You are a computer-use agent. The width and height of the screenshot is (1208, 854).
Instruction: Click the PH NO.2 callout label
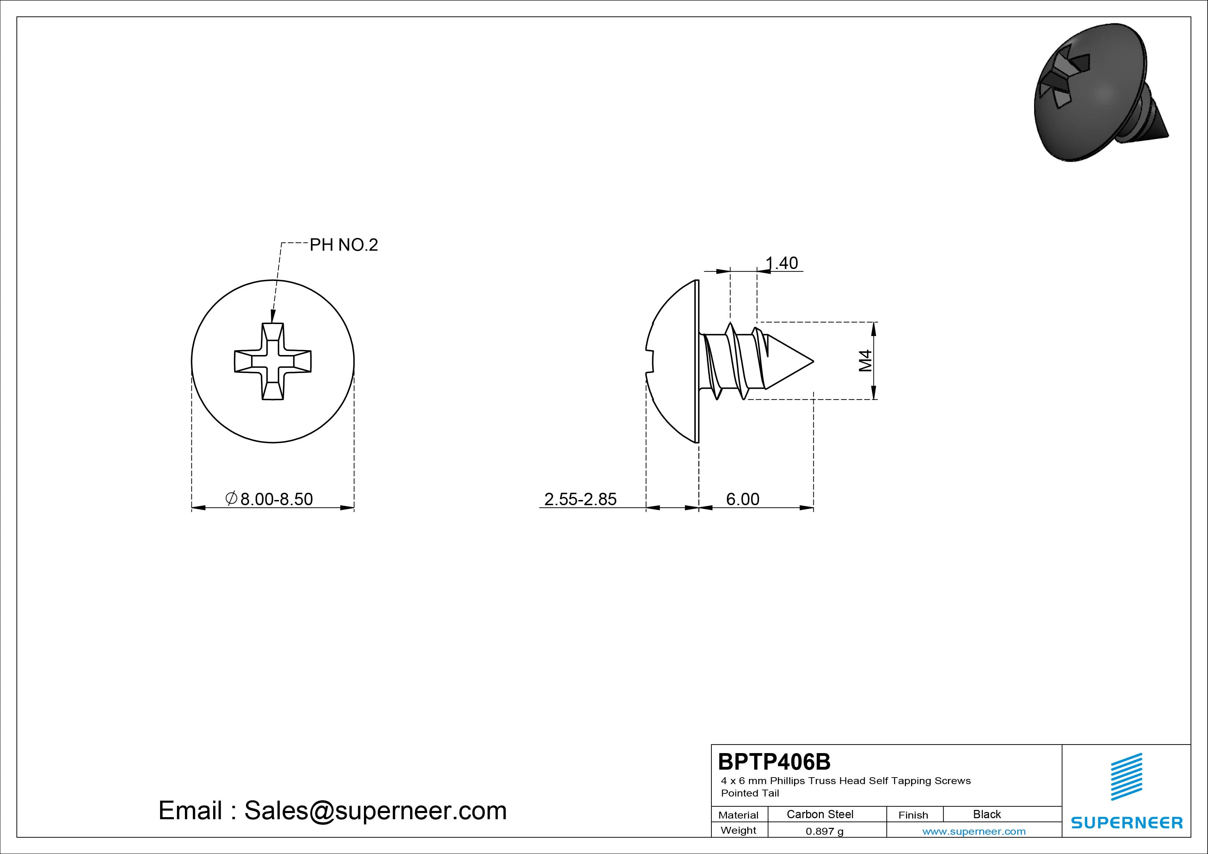pyautogui.click(x=344, y=245)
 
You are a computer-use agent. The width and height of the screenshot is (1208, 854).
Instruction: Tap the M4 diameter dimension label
pyautogui.click(x=865, y=361)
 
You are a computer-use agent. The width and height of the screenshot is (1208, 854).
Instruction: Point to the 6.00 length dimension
pyautogui.click(x=743, y=499)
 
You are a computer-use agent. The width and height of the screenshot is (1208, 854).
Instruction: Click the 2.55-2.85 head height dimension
pyautogui.click(x=580, y=499)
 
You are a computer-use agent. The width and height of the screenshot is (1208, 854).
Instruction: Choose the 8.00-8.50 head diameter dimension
pyautogui.click(x=269, y=499)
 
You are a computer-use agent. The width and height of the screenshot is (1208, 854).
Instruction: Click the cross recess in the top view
pyautogui.click(x=272, y=362)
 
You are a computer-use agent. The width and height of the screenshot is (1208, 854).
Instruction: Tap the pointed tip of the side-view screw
pyautogui.click(x=813, y=361)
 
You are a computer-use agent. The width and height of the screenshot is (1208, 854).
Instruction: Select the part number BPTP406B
pyautogui.click(x=774, y=761)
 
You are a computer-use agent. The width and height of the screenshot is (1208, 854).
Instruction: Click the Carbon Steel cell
pyautogui.click(x=820, y=814)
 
